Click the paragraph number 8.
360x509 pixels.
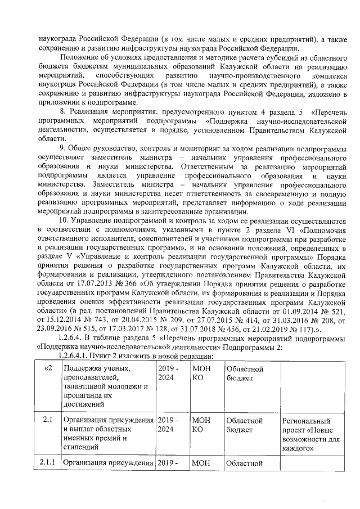click(x=62, y=112)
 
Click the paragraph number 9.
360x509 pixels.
click(x=62, y=148)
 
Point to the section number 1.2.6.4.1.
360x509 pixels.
click(x=75, y=357)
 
